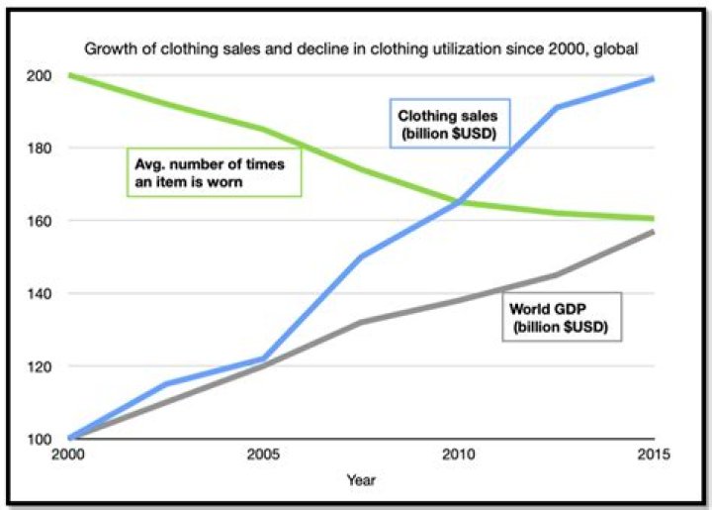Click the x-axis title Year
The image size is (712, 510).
pyautogui.click(x=360, y=479)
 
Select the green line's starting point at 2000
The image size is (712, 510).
pyautogui.click(x=70, y=76)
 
